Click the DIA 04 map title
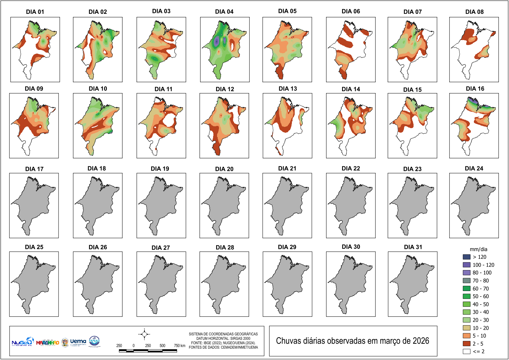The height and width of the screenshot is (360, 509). tap(224, 12)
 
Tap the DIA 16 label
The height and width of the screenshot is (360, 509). tap(475, 89)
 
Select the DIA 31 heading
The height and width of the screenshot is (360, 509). tap(413, 247)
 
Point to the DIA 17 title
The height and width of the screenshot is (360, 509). tap(34, 169)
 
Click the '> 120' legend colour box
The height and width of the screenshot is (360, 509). tap(467, 257)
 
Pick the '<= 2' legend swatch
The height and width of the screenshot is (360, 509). tap(467, 351)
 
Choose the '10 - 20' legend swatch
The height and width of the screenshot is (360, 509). tap(467, 328)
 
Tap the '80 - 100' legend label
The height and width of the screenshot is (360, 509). tap(482, 273)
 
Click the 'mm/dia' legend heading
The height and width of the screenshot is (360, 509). tap(479, 249)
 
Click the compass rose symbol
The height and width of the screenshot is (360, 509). tap(144, 334)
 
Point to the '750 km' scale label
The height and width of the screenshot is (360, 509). tap(180, 346)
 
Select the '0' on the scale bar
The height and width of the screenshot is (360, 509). tap(134, 346)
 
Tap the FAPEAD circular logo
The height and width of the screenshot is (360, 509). tap(94, 341)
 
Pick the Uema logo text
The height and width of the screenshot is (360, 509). tap(78, 341)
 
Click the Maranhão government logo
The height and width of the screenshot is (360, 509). tap(47, 342)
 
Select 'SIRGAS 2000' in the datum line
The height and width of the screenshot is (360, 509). tap(240, 338)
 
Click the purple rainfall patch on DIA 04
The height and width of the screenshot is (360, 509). tap(217, 41)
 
